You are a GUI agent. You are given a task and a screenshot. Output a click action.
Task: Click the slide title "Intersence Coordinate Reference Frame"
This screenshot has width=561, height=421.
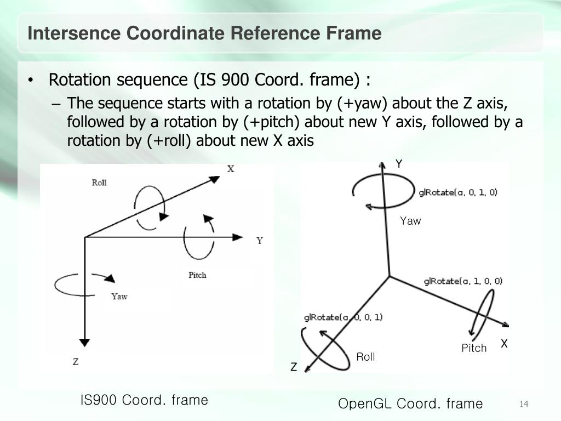click(x=204, y=33)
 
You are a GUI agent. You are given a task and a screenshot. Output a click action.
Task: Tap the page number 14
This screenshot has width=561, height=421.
click(x=523, y=405)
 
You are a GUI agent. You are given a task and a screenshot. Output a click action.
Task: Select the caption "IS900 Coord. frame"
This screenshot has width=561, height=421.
click(x=144, y=400)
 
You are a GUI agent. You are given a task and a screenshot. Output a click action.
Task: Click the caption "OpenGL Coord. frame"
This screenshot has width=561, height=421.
click(x=410, y=404)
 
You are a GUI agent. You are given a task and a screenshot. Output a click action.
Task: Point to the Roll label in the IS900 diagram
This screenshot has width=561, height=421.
click(x=99, y=183)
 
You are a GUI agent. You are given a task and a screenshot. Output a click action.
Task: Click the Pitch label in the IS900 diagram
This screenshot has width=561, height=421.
click(x=197, y=275)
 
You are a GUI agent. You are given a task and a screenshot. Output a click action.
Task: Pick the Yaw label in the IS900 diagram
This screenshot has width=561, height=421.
click(x=119, y=297)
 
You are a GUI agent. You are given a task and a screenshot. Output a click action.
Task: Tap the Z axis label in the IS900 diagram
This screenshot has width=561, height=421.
click(x=76, y=362)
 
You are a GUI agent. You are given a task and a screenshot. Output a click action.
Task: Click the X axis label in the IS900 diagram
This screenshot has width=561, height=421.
click(x=231, y=169)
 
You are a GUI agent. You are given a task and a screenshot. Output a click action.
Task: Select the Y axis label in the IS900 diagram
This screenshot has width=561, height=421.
click(x=260, y=241)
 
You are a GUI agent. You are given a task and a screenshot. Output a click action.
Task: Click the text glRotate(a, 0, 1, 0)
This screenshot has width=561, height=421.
click(x=458, y=192)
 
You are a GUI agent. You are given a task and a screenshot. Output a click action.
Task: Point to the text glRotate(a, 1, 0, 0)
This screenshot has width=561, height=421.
click(x=463, y=281)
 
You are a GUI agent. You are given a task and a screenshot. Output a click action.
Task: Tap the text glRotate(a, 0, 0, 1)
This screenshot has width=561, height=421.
click(x=343, y=317)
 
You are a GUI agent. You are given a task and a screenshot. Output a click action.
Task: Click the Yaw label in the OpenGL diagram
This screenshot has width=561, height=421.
click(x=410, y=221)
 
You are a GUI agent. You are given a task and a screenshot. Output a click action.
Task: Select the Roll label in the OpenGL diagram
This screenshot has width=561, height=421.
click(x=365, y=357)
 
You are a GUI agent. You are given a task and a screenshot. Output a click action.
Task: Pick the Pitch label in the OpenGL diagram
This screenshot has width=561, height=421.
click(x=474, y=348)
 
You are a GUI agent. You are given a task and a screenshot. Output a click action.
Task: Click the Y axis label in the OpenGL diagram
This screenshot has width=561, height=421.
click(x=399, y=164)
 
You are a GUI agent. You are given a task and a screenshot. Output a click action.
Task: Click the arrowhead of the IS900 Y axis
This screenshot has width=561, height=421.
click(x=238, y=237)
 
